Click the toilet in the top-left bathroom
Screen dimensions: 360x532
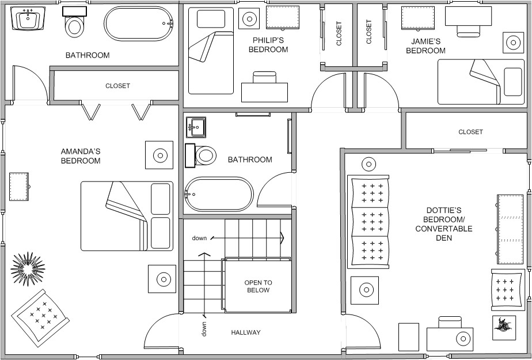coord(74,24)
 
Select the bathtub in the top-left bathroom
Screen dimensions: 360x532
coord(139,24)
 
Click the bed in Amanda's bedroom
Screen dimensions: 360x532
coord(127,216)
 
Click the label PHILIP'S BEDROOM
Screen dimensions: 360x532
coord(268,45)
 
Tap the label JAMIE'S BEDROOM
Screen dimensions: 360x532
coord(425,46)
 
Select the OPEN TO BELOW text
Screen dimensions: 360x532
coord(258,286)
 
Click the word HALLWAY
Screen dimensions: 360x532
coord(246,332)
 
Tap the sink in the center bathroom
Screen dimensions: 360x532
coord(196,125)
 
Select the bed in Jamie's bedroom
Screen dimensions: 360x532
coord(481,78)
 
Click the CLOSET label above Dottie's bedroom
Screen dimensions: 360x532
coord(470,132)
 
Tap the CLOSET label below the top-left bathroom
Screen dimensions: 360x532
coord(117,86)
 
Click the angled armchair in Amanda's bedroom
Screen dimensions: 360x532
coord(41,314)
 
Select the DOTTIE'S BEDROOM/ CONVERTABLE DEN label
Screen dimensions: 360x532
coord(443,224)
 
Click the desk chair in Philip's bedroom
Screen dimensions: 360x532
coord(264,78)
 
